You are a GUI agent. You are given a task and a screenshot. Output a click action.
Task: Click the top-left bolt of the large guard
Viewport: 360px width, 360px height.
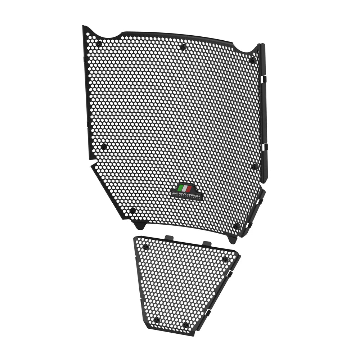[x=99, y=44]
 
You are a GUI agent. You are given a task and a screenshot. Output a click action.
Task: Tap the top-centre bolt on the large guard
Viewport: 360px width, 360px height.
[x=183, y=46]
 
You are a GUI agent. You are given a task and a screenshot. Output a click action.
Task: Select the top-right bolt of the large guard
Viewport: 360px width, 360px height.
[x=252, y=60]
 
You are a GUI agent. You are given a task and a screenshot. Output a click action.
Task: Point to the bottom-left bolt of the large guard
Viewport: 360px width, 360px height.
[x=132, y=210]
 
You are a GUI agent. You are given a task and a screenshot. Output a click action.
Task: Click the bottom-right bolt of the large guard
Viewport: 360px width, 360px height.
[x=237, y=226]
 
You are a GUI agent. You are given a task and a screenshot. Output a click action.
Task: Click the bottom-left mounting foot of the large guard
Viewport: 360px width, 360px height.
[x=139, y=225]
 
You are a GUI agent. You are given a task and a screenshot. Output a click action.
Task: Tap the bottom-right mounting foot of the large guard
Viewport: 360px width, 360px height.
[x=232, y=239]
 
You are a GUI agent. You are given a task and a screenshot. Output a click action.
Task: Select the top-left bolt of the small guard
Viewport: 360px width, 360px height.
[x=145, y=247]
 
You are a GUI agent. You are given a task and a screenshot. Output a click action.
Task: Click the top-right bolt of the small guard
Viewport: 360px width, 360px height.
[x=225, y=259]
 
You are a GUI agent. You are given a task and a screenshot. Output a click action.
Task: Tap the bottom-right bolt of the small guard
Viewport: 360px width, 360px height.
[x=185, y=325]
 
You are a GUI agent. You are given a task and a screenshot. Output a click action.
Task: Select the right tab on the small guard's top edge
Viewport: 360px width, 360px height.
[x=207, y=244]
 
